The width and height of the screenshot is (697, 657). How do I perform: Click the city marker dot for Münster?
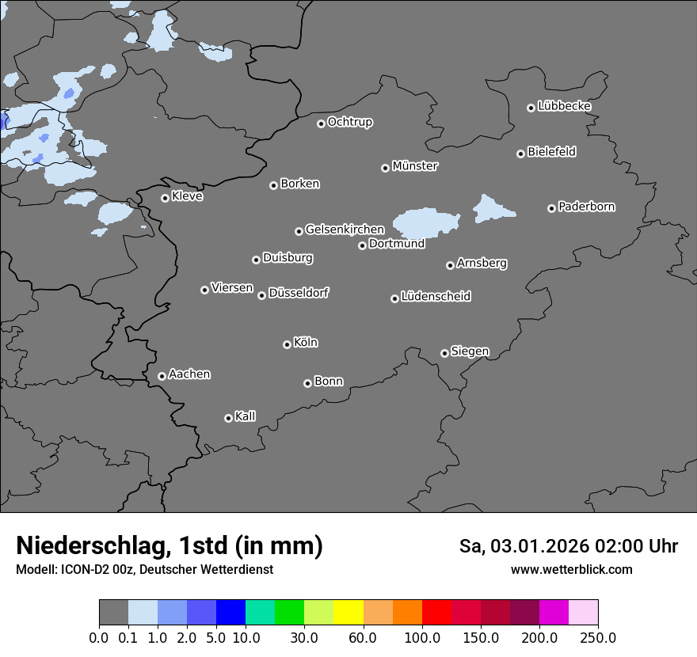click(385, 168)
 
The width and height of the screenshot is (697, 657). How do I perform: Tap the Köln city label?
click(306, 343)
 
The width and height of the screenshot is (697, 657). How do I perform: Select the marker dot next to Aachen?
click(162, 376)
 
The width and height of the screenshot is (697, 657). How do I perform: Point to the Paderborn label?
click(587, 207)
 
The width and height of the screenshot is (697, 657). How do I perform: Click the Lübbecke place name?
click(565, 106)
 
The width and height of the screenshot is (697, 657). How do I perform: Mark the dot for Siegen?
click(444, 353)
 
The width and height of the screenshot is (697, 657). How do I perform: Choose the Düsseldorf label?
click(299, 293)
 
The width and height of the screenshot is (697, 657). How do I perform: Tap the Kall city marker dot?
click(228, 418)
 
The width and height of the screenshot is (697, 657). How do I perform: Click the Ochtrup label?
click(350, 122)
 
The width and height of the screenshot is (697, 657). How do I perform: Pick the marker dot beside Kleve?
click(165, 198)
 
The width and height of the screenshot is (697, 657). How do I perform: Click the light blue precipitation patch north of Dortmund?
click(426, 222)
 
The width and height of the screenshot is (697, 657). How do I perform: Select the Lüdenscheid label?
click(436, 297)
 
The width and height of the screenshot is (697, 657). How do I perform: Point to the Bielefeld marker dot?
click(520, 154)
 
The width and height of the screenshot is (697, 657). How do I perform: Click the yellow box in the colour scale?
click(348, 613)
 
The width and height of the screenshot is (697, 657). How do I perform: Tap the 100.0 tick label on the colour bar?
click(422, 638)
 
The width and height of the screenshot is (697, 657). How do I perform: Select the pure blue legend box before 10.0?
click(230, 613)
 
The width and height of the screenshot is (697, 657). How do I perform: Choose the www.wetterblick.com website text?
click(572, 570)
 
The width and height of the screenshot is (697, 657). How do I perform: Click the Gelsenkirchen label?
click(345, 230)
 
